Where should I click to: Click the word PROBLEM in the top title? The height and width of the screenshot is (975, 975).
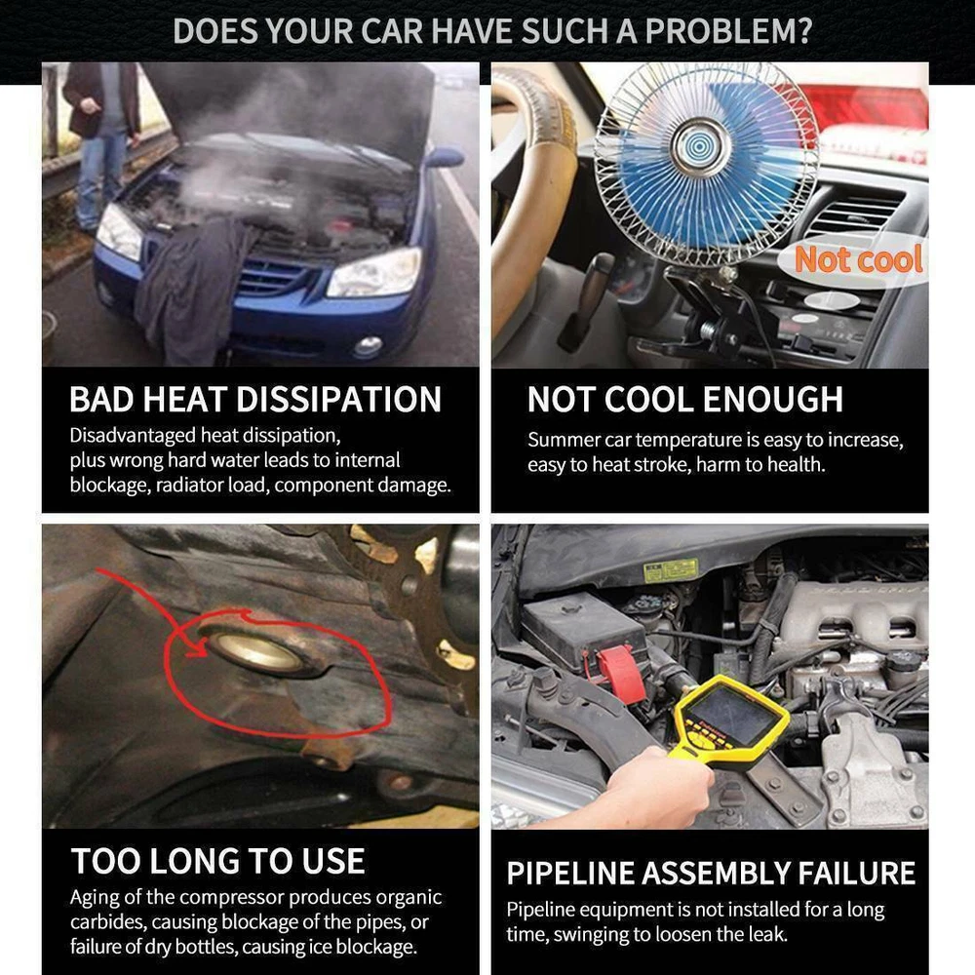[728, 30]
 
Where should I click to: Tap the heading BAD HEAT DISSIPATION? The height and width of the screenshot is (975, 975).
[255, 399]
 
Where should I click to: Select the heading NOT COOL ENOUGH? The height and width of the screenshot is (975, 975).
[685, 399]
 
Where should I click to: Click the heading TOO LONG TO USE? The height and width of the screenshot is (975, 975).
[218, 861]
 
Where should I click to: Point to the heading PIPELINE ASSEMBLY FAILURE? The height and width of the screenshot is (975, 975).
[711, 873]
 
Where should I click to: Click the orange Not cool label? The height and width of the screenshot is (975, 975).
[859, 258]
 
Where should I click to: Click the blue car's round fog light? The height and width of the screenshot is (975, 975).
[368, 346]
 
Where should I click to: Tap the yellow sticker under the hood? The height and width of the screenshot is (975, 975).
[671, 569]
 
